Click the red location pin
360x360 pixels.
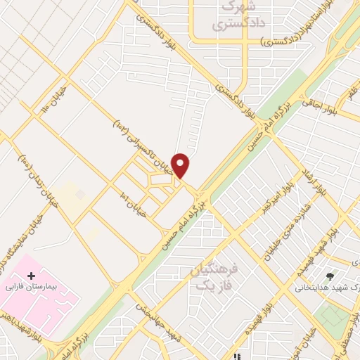(x=181, y=165)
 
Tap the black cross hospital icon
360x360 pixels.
(x=31, y=276)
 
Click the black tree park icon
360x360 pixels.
(x=329, y=276)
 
